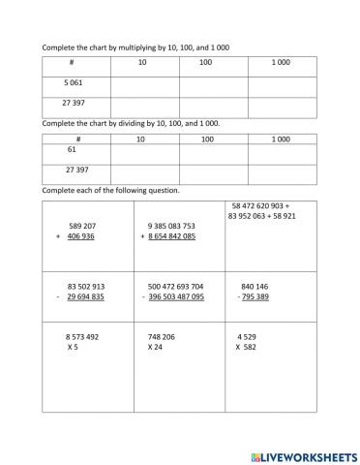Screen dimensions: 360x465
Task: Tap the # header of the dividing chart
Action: point(72,139)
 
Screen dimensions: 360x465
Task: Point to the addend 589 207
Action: point(85,225)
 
